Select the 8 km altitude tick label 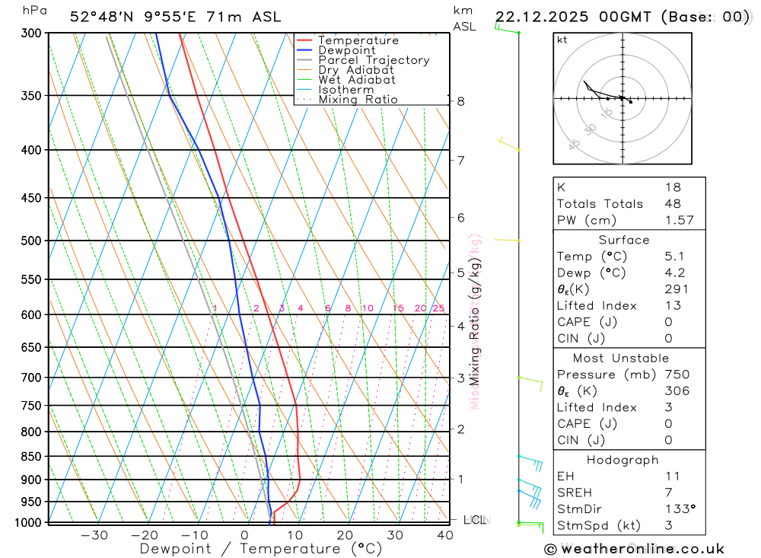point(461,101)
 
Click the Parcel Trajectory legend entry point(373,60)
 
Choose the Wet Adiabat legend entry point(356,80)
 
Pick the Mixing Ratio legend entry point(358,100)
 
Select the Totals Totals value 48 point(673,203)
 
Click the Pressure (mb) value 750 point(677,375)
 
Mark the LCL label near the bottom point(475,520)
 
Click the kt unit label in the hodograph point(562,40)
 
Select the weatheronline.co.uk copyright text point(634,549)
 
